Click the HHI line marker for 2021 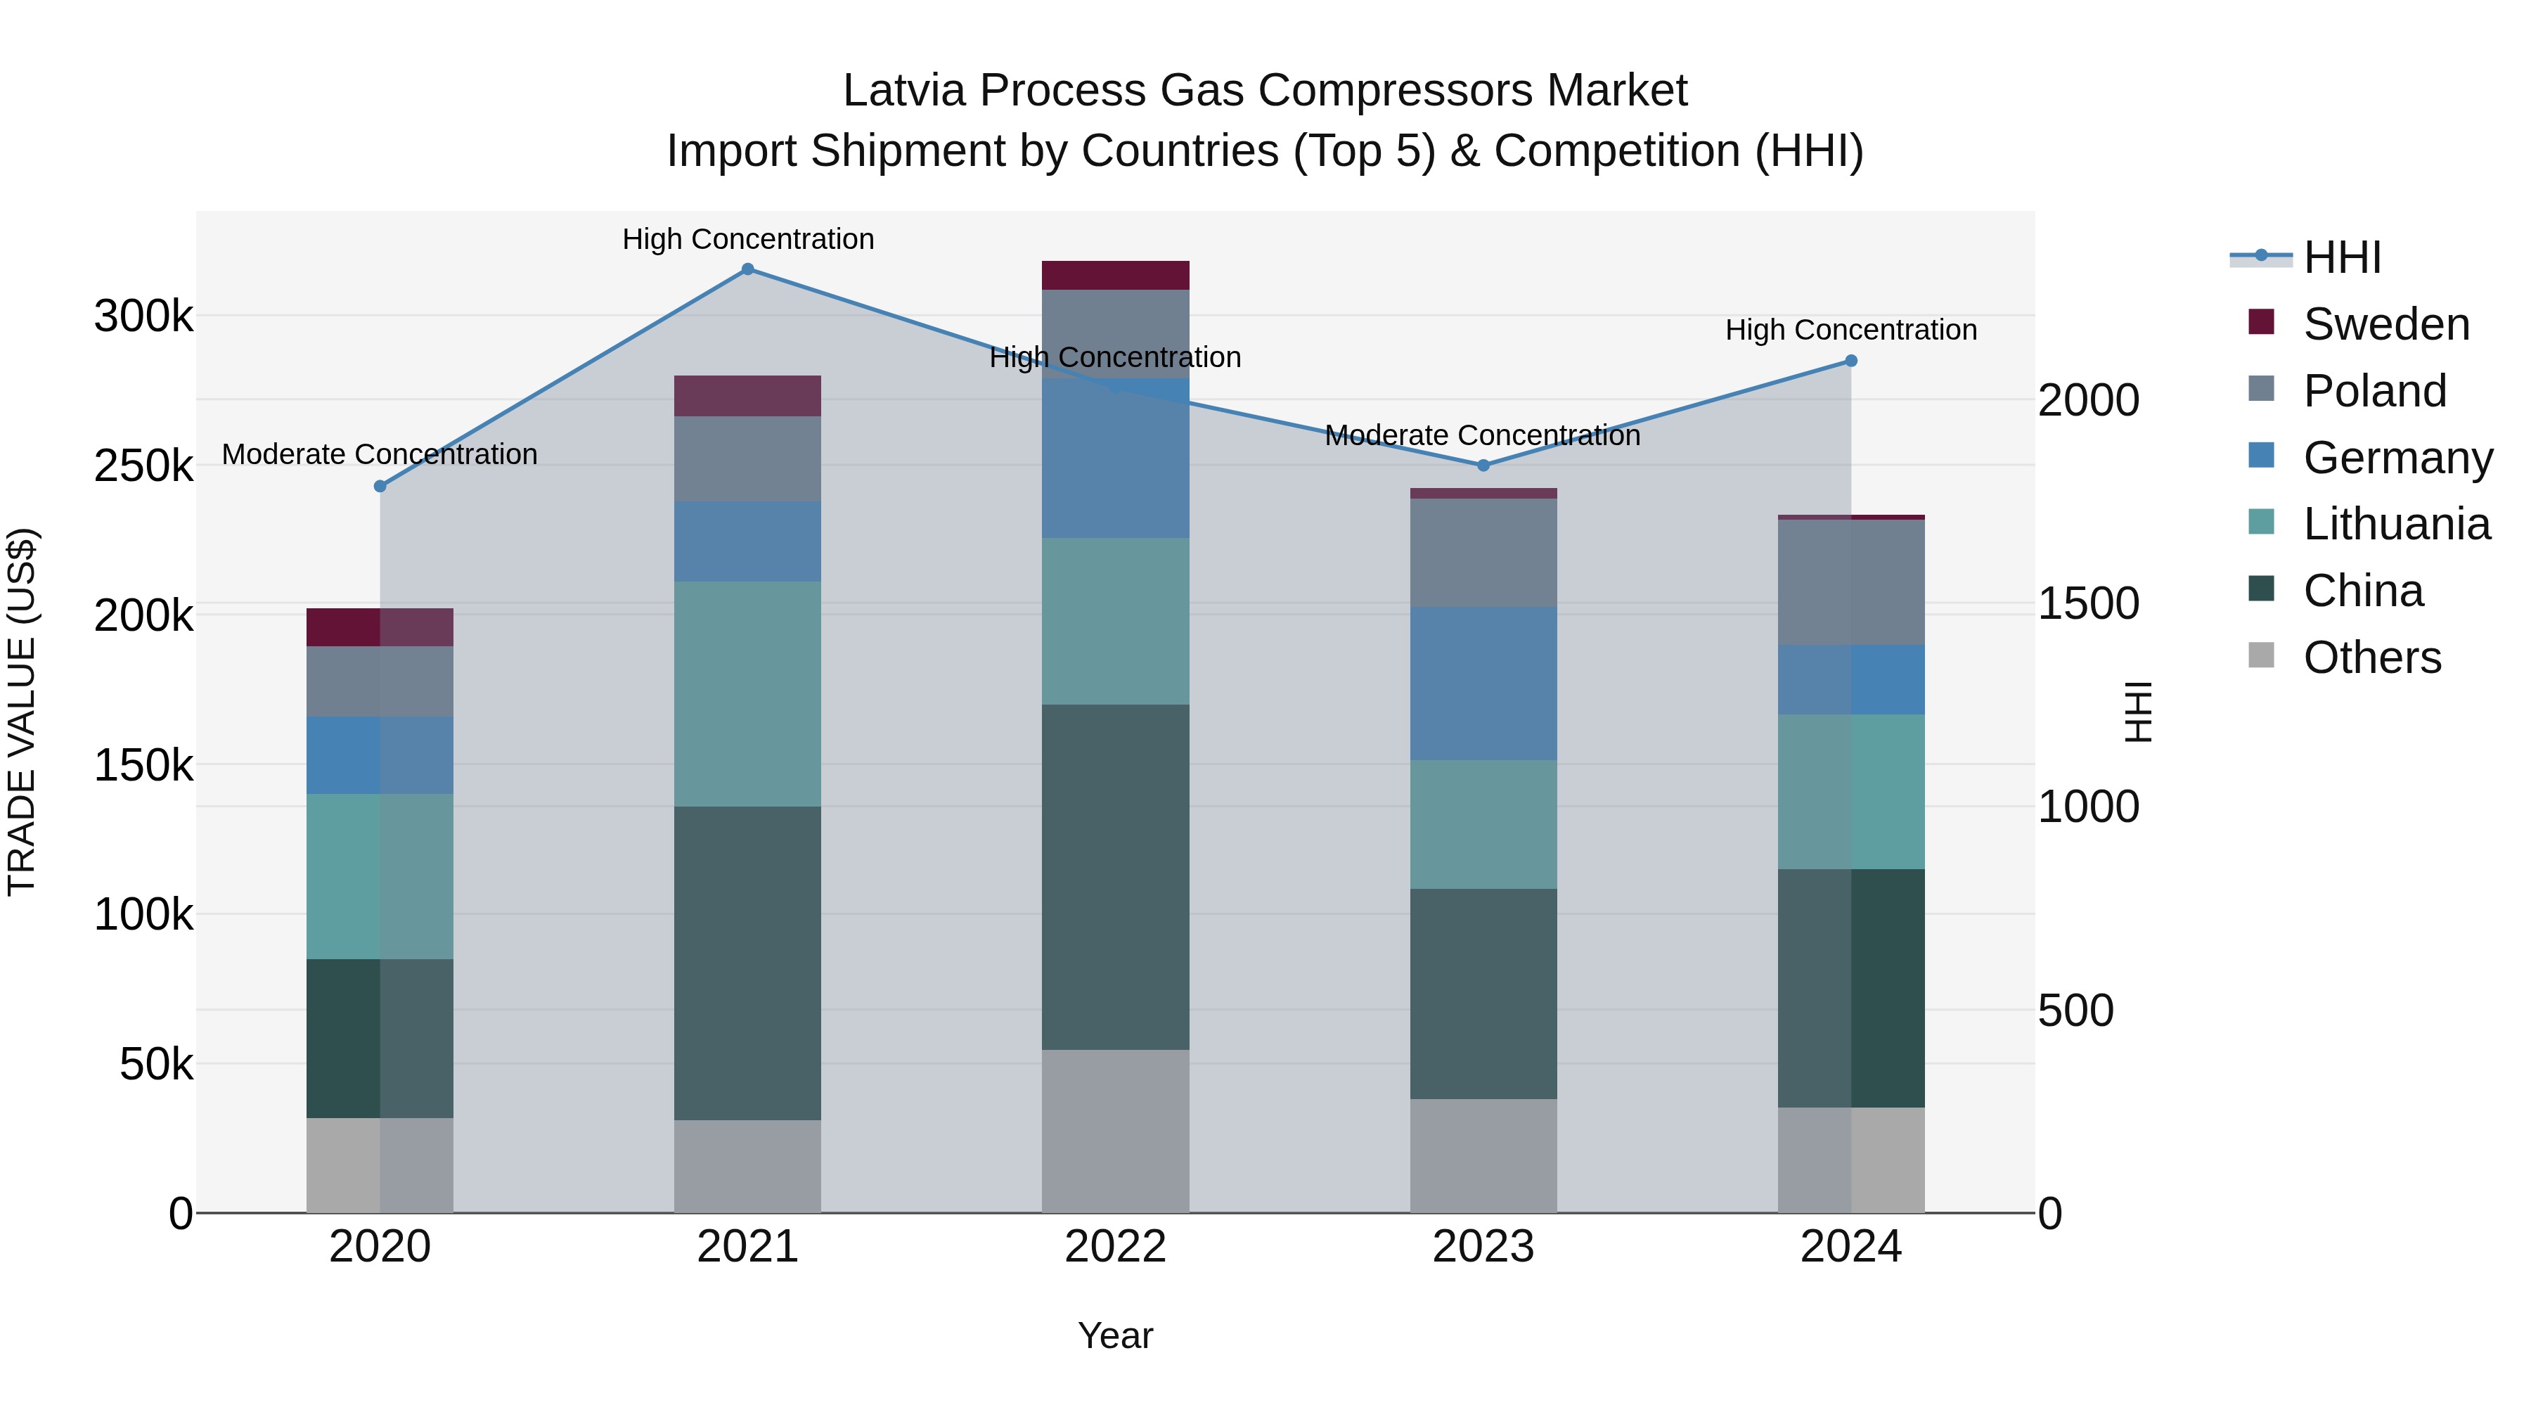(x=748, y=269)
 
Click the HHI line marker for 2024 (x=1851, y=361)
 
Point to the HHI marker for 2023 (x=1483, y=465)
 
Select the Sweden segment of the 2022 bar (x=1115, y=275)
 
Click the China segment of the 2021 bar (x=748, y=963)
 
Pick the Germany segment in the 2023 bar (x=1483, y=683)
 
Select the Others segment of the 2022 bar (x=1115, y=1130)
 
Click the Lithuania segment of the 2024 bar (x=1851, y=791)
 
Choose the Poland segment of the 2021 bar (x=748, y=459)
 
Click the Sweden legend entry (x=2385, y=324)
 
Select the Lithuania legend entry (x=2395, y=524)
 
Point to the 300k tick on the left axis (x=143, y=316)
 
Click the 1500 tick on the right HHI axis (x=2088, y=603)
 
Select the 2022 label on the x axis (x=1115, y=1247)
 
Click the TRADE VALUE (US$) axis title (x=22, y=712)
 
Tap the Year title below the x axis (x=1115, y=1335)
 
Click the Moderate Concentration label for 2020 (x=380, y=454)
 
